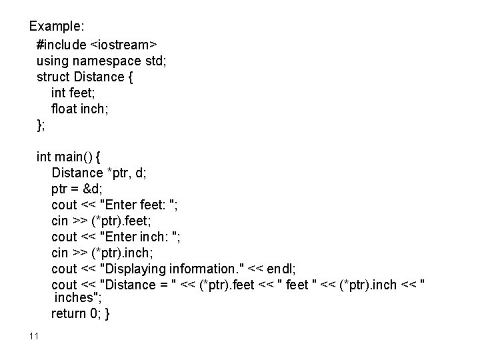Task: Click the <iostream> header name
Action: tap(123, 44)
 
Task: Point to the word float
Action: tap(64, 108)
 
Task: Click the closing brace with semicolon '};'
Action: tap(42, 124)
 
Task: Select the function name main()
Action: tap(75, 157)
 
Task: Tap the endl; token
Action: tap(281, 269)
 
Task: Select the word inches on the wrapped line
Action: tap(78, 298)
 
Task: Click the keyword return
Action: tap(68, 313)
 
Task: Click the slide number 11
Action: tap(35, 335)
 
